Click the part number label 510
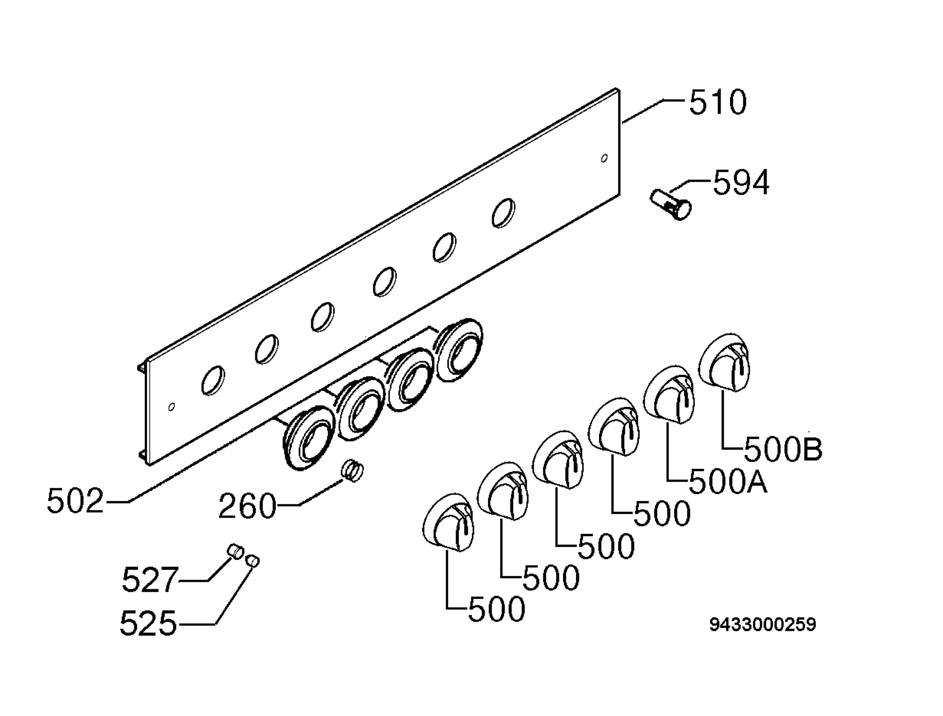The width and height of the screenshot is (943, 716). [x=718, y=102]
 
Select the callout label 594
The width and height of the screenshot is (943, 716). [x=741, y=182]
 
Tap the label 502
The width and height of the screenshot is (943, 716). [x=75, y=501]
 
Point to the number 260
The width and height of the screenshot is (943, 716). [x=247, y=506]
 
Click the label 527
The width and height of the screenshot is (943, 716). [x=150, y=580]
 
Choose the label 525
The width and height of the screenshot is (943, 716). [x=148, y=624]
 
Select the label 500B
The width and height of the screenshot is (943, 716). [x=783, y=450]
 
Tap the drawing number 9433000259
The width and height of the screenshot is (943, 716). [x=763, y=625]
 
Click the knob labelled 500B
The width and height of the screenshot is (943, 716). [x=724, y=363]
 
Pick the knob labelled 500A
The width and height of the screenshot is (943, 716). [x=669, y=395]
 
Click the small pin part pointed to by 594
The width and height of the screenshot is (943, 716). [x=670, y=205]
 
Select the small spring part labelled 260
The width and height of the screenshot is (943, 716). [x=352, y=471]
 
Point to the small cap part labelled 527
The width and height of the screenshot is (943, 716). [x=235, y=551]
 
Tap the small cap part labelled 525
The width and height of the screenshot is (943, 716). [x=253, y=561]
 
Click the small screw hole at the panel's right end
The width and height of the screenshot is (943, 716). [x=604, y=159]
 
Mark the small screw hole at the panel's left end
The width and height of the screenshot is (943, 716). [x=171, y=407]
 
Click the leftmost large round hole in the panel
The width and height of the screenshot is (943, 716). [x=213, y=380]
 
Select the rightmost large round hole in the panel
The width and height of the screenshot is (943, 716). [x=503, y=212]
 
